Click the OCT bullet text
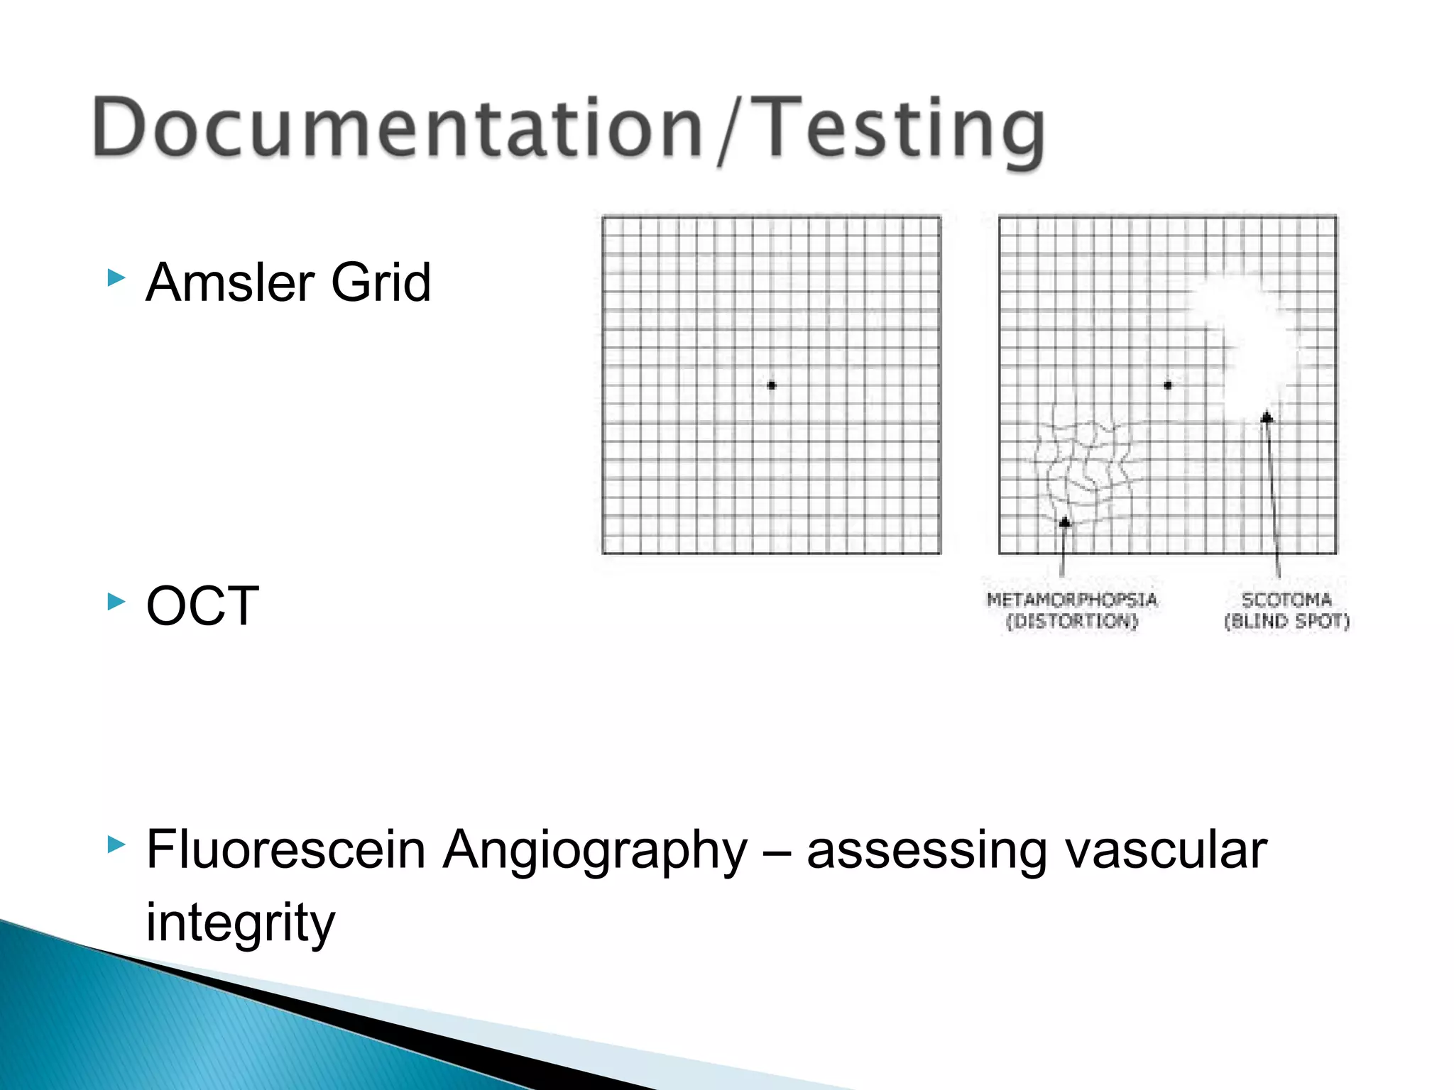[x=202, y=606]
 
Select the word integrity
[x=240, y=923]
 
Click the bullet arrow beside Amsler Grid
[x=116, y=277]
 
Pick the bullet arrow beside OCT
[x=116, y=602]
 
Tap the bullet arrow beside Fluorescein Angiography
[x=116, y=844]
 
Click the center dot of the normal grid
[x=772, y=385]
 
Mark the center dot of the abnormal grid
[x=1168, y=385]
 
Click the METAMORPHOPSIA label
[x=1072, y=600]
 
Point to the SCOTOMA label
[x=1286, y=600]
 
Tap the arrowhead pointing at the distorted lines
[x=1064, y=522]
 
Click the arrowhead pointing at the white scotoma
[x=1267, y=417]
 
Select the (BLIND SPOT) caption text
[x=1286, y=622]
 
